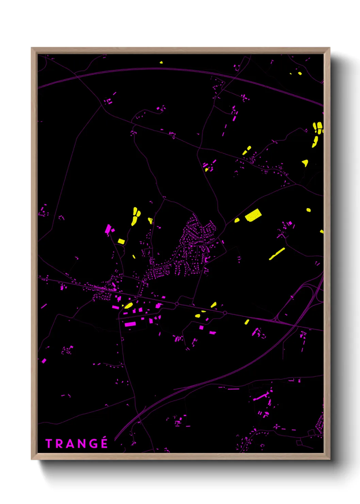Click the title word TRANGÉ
[77, 444]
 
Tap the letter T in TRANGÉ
[49, 444]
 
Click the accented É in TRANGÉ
[104, 443]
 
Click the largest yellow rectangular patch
[253, 215]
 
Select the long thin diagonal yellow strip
[277, 254]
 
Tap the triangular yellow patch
[305, 163]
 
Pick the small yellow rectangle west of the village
[121, 241]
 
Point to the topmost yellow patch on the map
[161, 63]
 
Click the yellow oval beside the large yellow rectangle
[237, 220]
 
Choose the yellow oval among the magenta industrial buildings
[128, 305]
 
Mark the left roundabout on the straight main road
[177, 304]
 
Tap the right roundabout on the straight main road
[225, 313]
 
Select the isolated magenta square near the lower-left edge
[44, 361]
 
